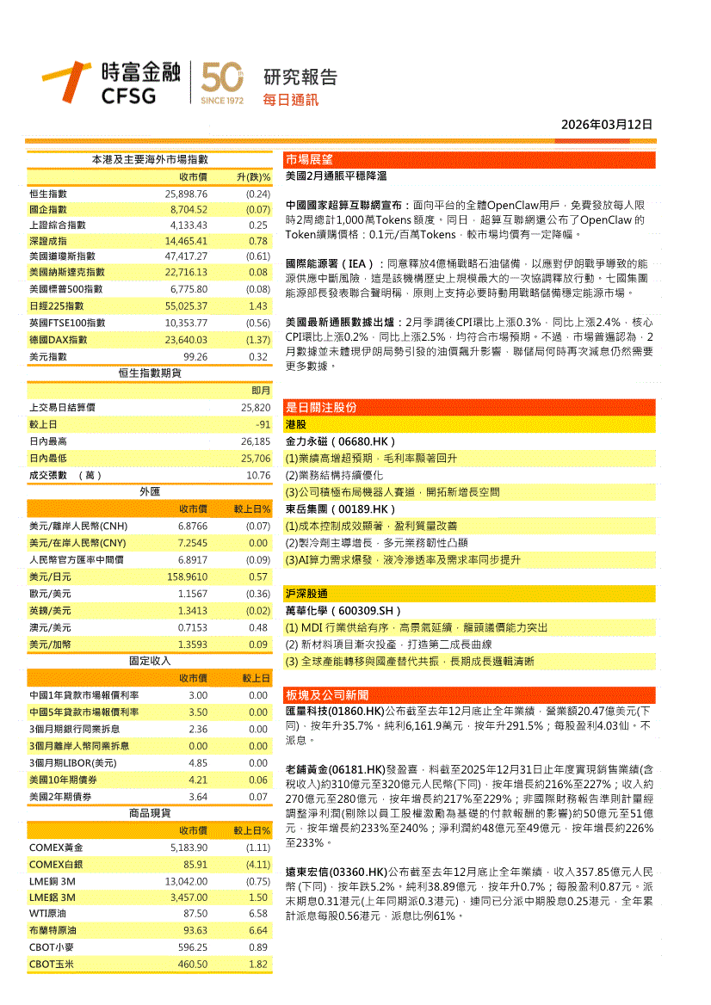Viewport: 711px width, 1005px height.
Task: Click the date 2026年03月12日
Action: (607, 125)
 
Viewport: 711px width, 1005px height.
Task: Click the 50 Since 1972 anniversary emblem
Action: (222, 83)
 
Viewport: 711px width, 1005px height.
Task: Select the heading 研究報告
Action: (300, 77)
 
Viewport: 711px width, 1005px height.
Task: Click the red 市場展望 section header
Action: (310, 159)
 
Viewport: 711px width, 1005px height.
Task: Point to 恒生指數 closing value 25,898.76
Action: (186, 194)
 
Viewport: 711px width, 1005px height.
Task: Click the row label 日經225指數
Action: (56, 305)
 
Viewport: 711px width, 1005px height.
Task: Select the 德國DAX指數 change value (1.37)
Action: (257, 340)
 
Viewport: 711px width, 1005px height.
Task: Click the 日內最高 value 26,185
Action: (256, 441)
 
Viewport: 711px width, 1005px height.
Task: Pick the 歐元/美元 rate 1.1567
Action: (192, 594)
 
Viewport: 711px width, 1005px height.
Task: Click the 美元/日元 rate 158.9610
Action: (187, 576)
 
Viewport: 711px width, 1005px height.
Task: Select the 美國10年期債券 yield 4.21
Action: (198, 780)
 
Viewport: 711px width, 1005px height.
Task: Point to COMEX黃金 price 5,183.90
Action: (186, 848)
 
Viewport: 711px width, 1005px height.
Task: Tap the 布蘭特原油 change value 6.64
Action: (257, 930)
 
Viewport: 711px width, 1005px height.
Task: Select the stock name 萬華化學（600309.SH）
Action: (343, 611)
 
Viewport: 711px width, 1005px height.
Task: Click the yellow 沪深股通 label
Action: (306, 594)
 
